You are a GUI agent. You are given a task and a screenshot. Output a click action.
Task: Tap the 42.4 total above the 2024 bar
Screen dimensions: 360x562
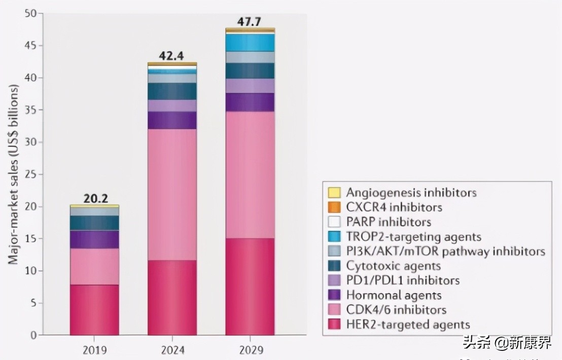172,56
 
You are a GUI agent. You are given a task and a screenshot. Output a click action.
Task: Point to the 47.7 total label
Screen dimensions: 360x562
250,22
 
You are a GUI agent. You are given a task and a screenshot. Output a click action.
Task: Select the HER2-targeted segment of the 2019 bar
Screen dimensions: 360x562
94,310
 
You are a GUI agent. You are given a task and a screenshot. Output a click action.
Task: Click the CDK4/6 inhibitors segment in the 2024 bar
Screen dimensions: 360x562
172,195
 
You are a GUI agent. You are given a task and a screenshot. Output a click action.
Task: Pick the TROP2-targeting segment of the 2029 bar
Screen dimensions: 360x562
250,43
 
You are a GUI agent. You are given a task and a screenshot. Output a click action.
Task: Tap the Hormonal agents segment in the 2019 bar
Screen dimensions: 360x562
94,239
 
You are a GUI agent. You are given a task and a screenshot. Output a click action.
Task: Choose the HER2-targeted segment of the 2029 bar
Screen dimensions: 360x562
250,286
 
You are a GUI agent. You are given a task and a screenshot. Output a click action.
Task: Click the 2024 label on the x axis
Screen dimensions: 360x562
172,350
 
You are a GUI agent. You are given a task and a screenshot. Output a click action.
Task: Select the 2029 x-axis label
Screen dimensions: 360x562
251,350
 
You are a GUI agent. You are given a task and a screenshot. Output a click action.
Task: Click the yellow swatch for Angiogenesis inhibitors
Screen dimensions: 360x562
334,193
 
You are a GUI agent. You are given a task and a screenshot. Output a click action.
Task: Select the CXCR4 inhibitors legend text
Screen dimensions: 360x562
394,207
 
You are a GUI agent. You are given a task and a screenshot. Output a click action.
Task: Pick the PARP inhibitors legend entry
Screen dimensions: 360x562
389,222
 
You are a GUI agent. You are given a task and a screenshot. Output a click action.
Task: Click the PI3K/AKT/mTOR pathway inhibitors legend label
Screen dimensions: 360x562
446,251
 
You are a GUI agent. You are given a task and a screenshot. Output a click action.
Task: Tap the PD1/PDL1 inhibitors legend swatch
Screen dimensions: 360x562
334,280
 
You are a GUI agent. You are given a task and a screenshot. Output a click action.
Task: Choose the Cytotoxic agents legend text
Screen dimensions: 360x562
394,266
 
